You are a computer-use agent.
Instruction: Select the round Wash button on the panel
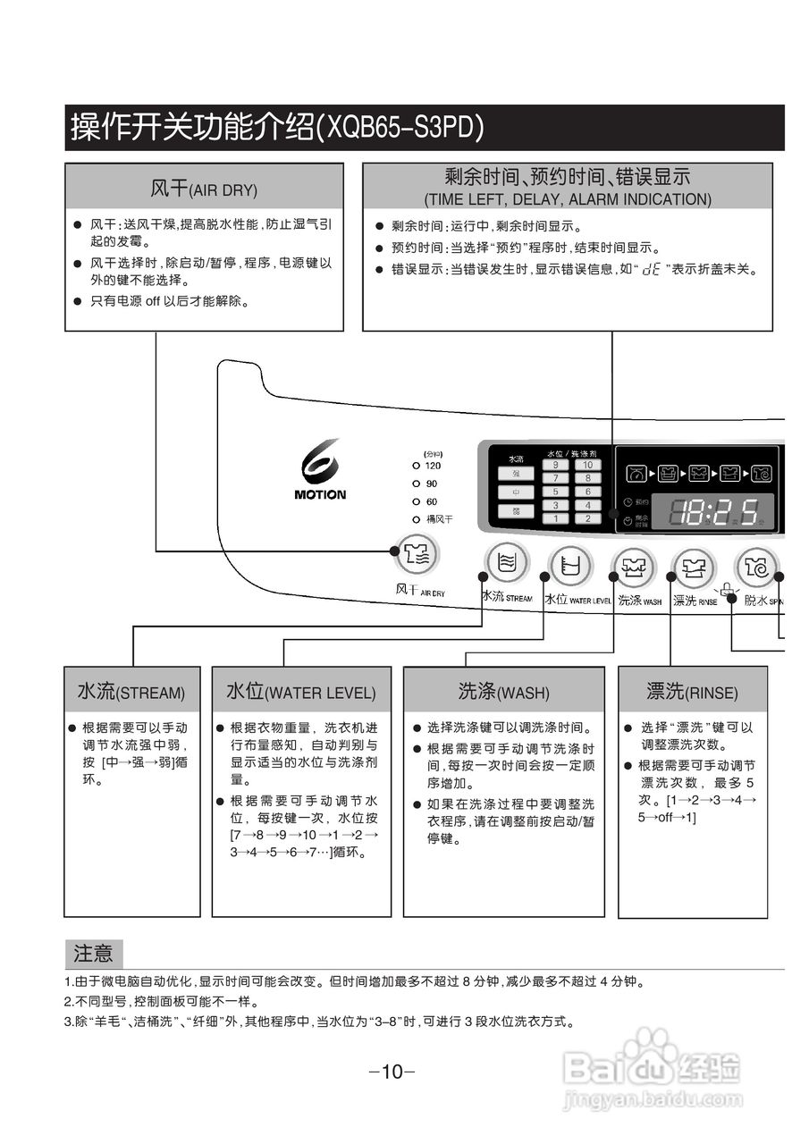[x=634, y=567]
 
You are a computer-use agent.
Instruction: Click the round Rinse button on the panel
[x=694, y=567]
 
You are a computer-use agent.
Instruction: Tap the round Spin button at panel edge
[x=756, y=567]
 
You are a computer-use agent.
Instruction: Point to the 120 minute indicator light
[x=417, y=466]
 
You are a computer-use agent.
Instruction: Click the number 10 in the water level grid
[x=587, y=465]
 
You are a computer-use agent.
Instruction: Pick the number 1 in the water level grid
[x=555, y=518]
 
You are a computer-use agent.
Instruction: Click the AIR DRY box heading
[x=204, y=189]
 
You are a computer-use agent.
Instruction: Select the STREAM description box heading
[x=131, y=692]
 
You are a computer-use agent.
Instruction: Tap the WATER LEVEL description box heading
[x=301, y=692]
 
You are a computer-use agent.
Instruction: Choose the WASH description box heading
[x=503, y=692]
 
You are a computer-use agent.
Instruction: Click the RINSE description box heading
[x=692, y=691]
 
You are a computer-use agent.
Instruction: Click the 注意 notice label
[x=94, y=954]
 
